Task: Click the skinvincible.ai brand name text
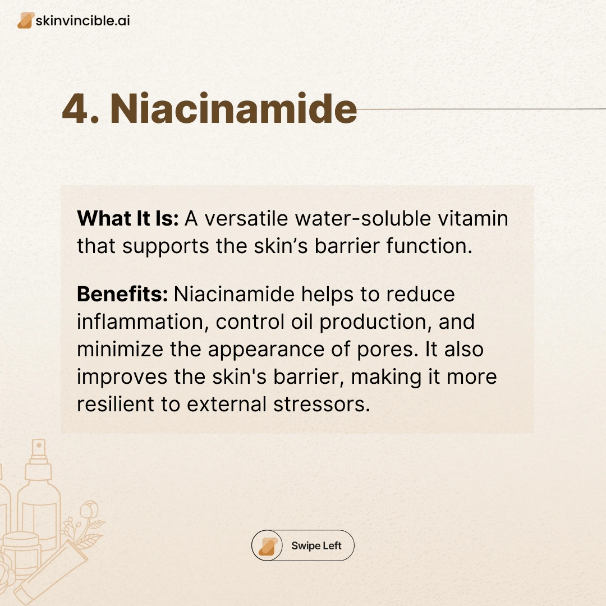click(x=82, y=21)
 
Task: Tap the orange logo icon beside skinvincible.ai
click(x=25, y=21)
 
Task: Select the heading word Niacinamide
click(x=233, y=108)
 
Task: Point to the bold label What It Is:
click(x=127, y=218)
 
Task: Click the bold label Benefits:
click(x=122, y=294)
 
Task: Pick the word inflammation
click(x=141, y=322)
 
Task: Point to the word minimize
click(x=120, y=350)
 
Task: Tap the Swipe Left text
click(x=316, y=546)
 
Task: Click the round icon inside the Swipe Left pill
click(x=267, y=545)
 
